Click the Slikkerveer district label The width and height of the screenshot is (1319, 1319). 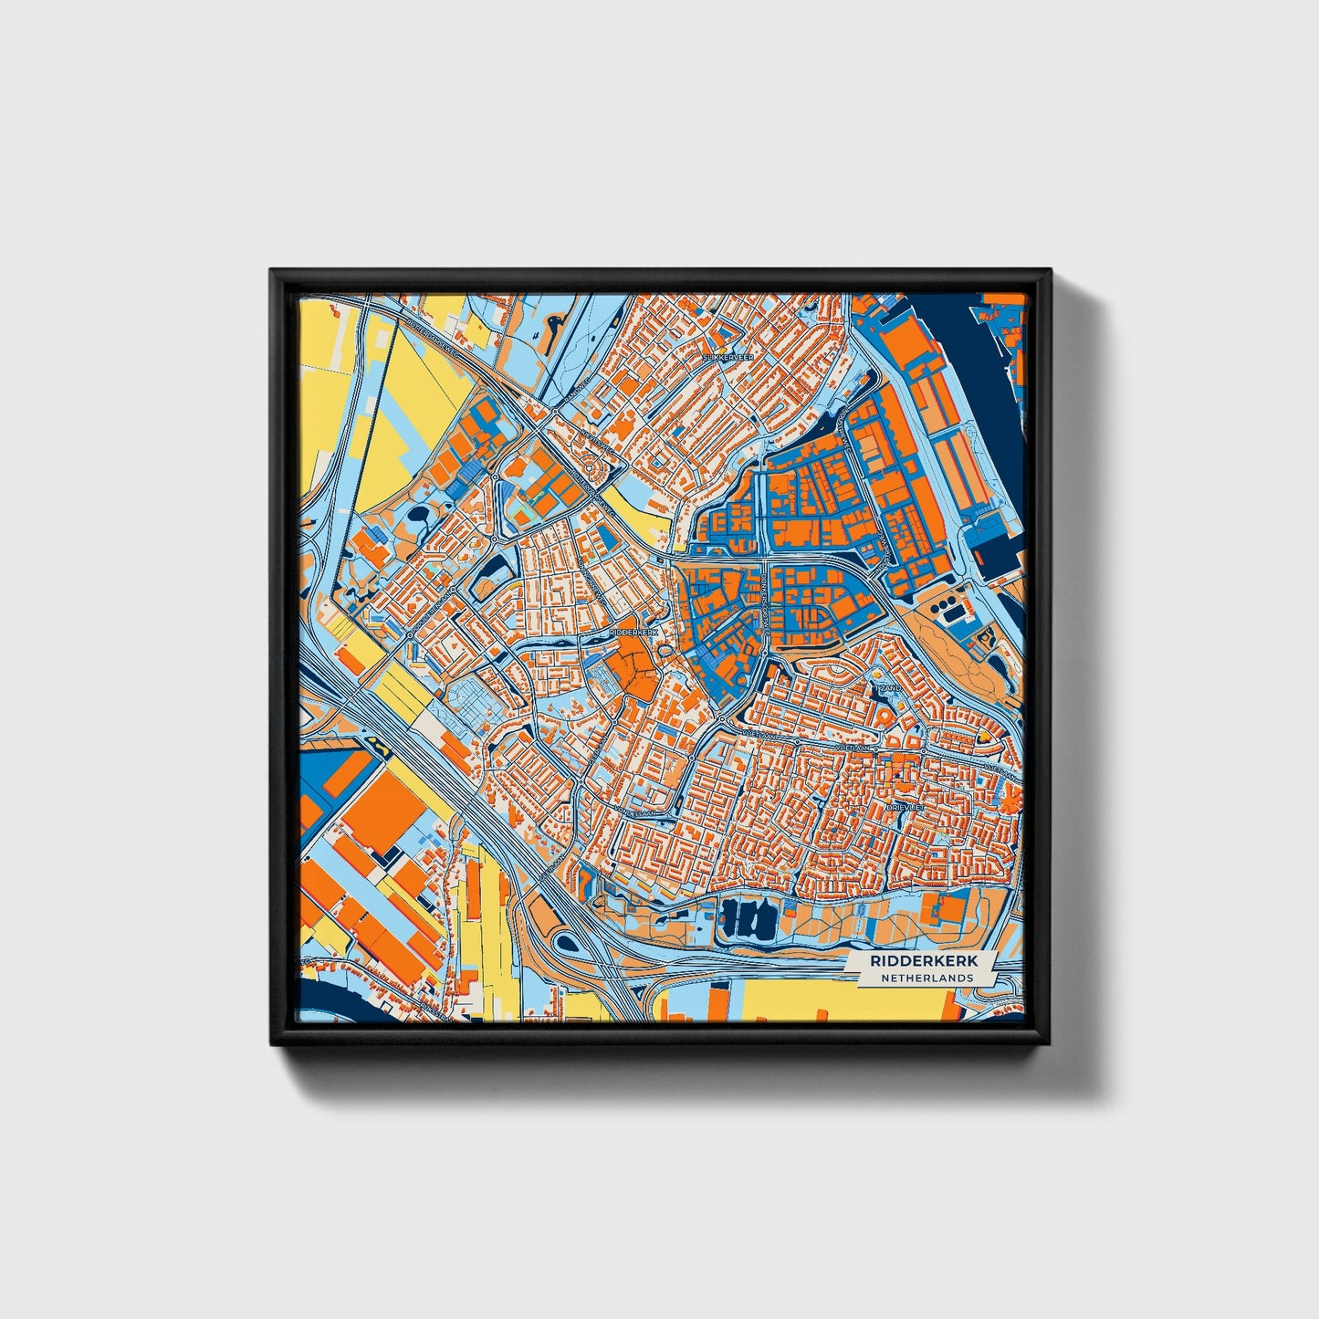tap(728, 359)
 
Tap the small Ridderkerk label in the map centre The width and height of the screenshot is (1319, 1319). tap(633, 631)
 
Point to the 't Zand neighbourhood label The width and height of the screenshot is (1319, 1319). tap(887, 687)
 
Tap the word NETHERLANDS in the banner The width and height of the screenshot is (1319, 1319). tap(926, 978)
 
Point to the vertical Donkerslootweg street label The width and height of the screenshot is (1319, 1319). tap(765, 598)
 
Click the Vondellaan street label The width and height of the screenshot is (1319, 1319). tap(635, 809)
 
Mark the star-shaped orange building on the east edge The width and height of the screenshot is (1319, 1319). tap(1010, 802)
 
